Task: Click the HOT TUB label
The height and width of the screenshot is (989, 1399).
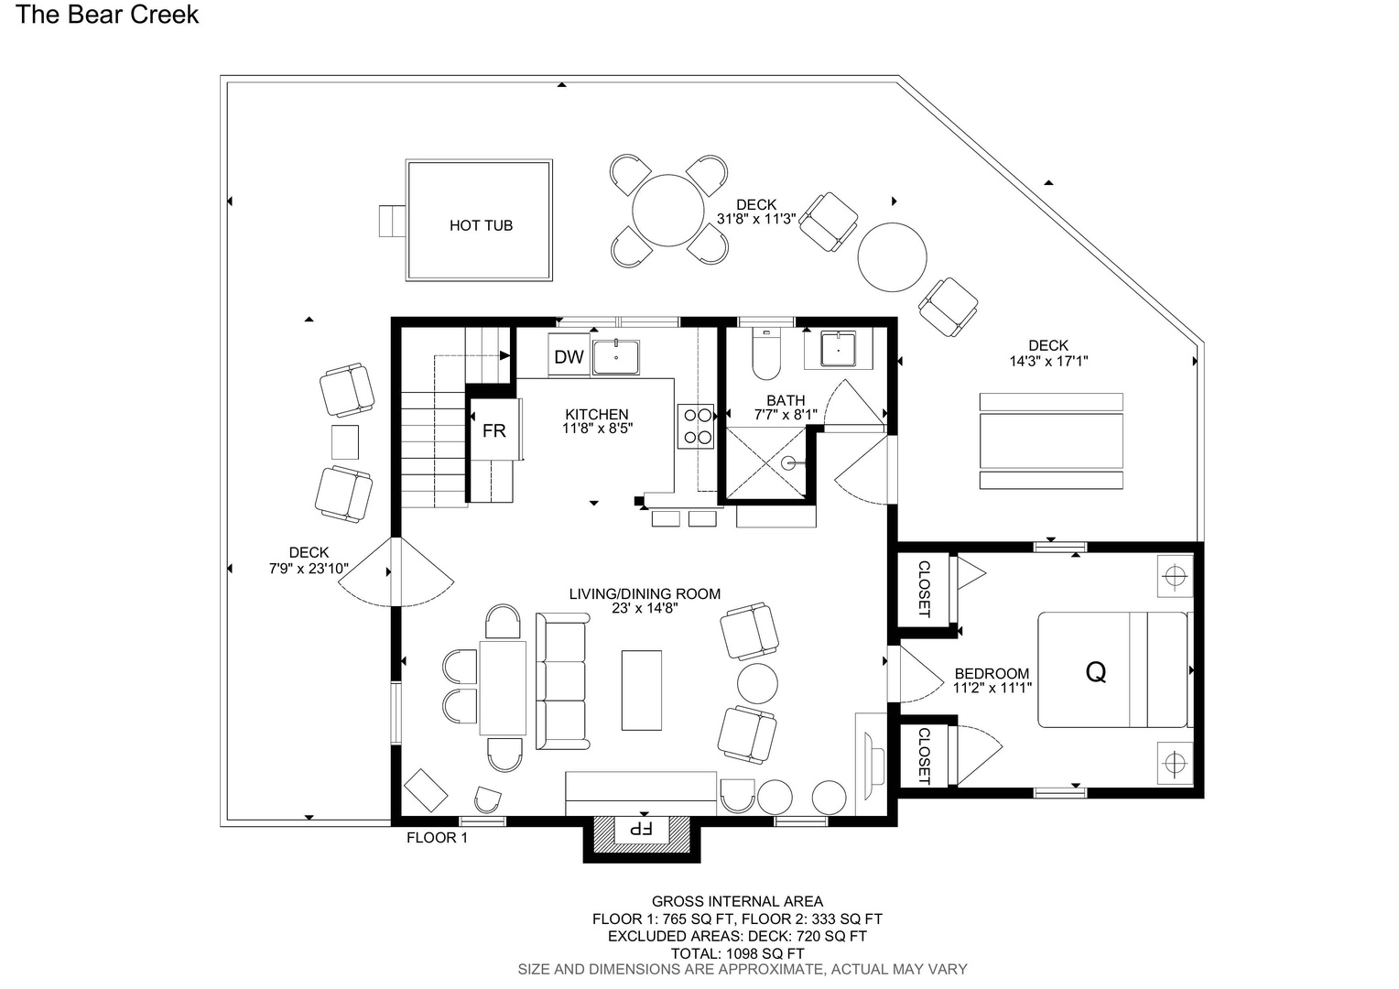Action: point(481,225)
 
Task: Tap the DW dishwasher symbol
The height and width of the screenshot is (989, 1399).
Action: point(569,357)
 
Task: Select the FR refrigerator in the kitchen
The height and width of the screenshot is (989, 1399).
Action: point(494,429)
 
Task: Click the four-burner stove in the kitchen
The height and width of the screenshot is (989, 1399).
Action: point(696,426)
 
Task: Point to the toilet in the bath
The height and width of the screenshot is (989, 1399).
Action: point(766,353)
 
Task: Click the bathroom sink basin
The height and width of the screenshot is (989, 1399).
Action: point(838,349)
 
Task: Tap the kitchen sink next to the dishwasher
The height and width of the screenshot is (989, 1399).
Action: point(616,357)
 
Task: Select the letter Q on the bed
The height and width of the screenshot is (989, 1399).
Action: point(1096,671)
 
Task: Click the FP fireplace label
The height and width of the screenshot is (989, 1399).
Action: point(641,829)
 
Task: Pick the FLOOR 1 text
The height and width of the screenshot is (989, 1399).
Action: point(438,838)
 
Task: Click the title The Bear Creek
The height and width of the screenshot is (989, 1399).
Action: point(107,15)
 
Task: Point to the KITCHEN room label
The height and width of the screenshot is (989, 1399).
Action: point(596,414)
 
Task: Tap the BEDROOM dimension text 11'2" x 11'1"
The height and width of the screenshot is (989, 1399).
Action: point(992,688)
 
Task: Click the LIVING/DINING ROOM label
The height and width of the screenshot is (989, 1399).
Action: point(645,593)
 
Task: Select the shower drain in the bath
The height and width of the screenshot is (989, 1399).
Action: point(788,463)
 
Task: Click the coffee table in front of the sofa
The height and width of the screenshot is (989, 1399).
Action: point(642,690)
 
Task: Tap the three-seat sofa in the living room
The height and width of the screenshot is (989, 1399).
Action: point(562,681)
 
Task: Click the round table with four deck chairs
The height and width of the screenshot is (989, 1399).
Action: point(668,210)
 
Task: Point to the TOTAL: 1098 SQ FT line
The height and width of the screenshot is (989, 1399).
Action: point(737,953)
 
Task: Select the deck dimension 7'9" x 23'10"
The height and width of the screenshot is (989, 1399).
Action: point(309,569)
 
